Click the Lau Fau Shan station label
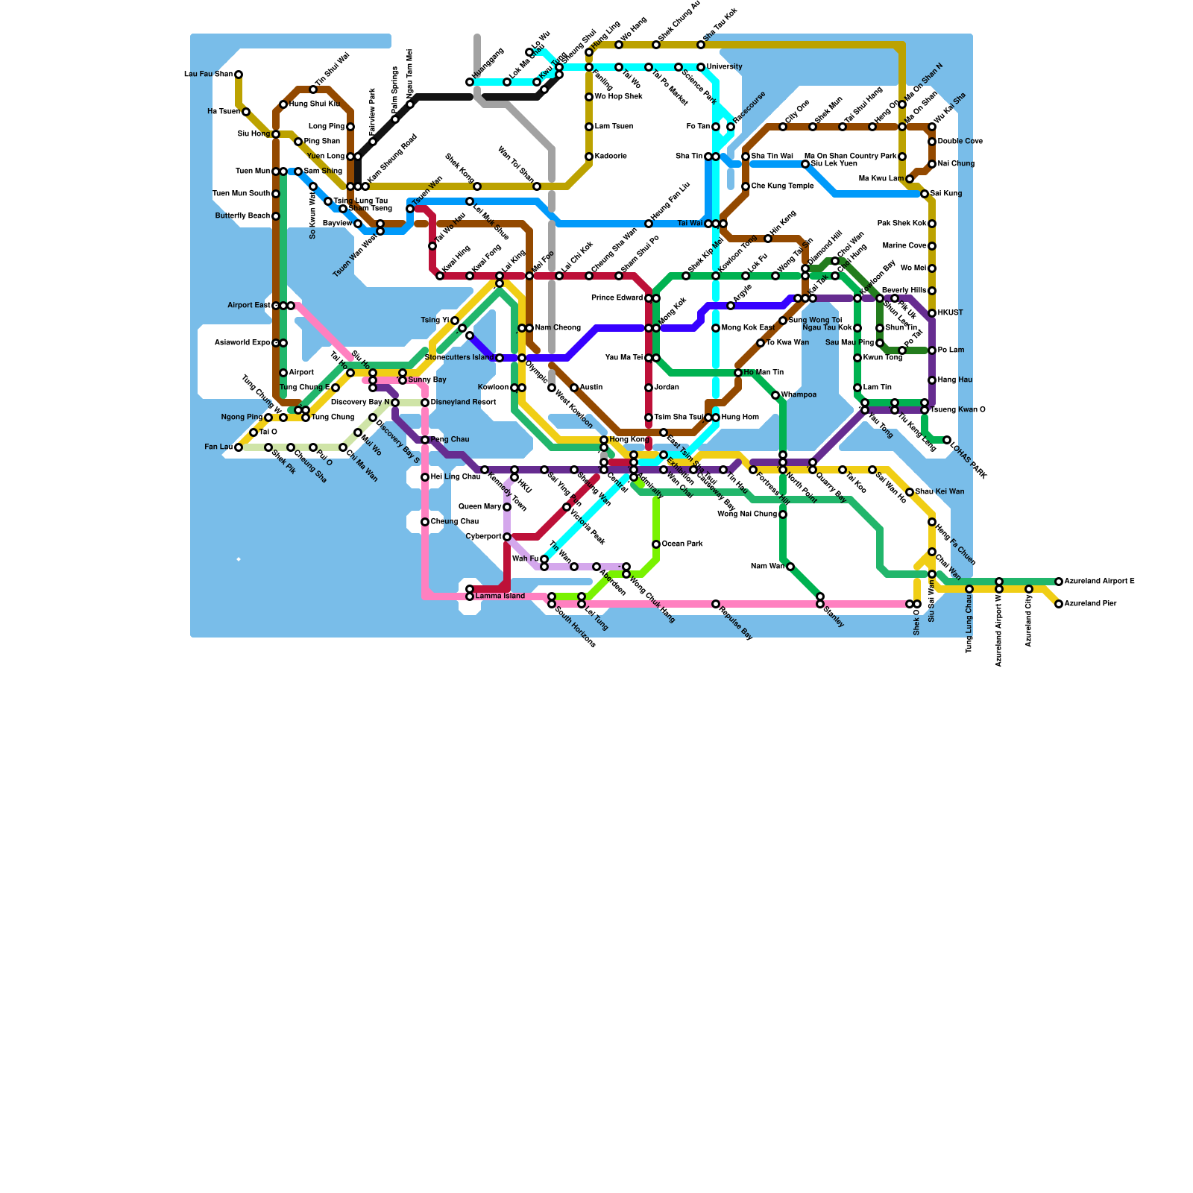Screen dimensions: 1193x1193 208,75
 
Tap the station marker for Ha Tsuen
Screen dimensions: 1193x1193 246,112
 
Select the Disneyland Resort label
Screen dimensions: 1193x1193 463,403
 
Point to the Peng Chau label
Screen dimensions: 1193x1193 450,440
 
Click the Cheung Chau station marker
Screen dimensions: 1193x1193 425,522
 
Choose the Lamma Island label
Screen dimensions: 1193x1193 500,596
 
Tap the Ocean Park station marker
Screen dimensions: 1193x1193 656,544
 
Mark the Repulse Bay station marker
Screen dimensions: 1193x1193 716,604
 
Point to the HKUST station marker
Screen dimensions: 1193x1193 932,313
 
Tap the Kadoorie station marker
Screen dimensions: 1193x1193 589,157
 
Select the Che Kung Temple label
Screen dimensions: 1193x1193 782,186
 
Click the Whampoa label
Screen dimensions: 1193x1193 799,395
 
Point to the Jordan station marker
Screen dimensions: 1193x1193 649,388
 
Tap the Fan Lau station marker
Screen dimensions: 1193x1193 239,447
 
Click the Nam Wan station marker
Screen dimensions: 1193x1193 790,567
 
